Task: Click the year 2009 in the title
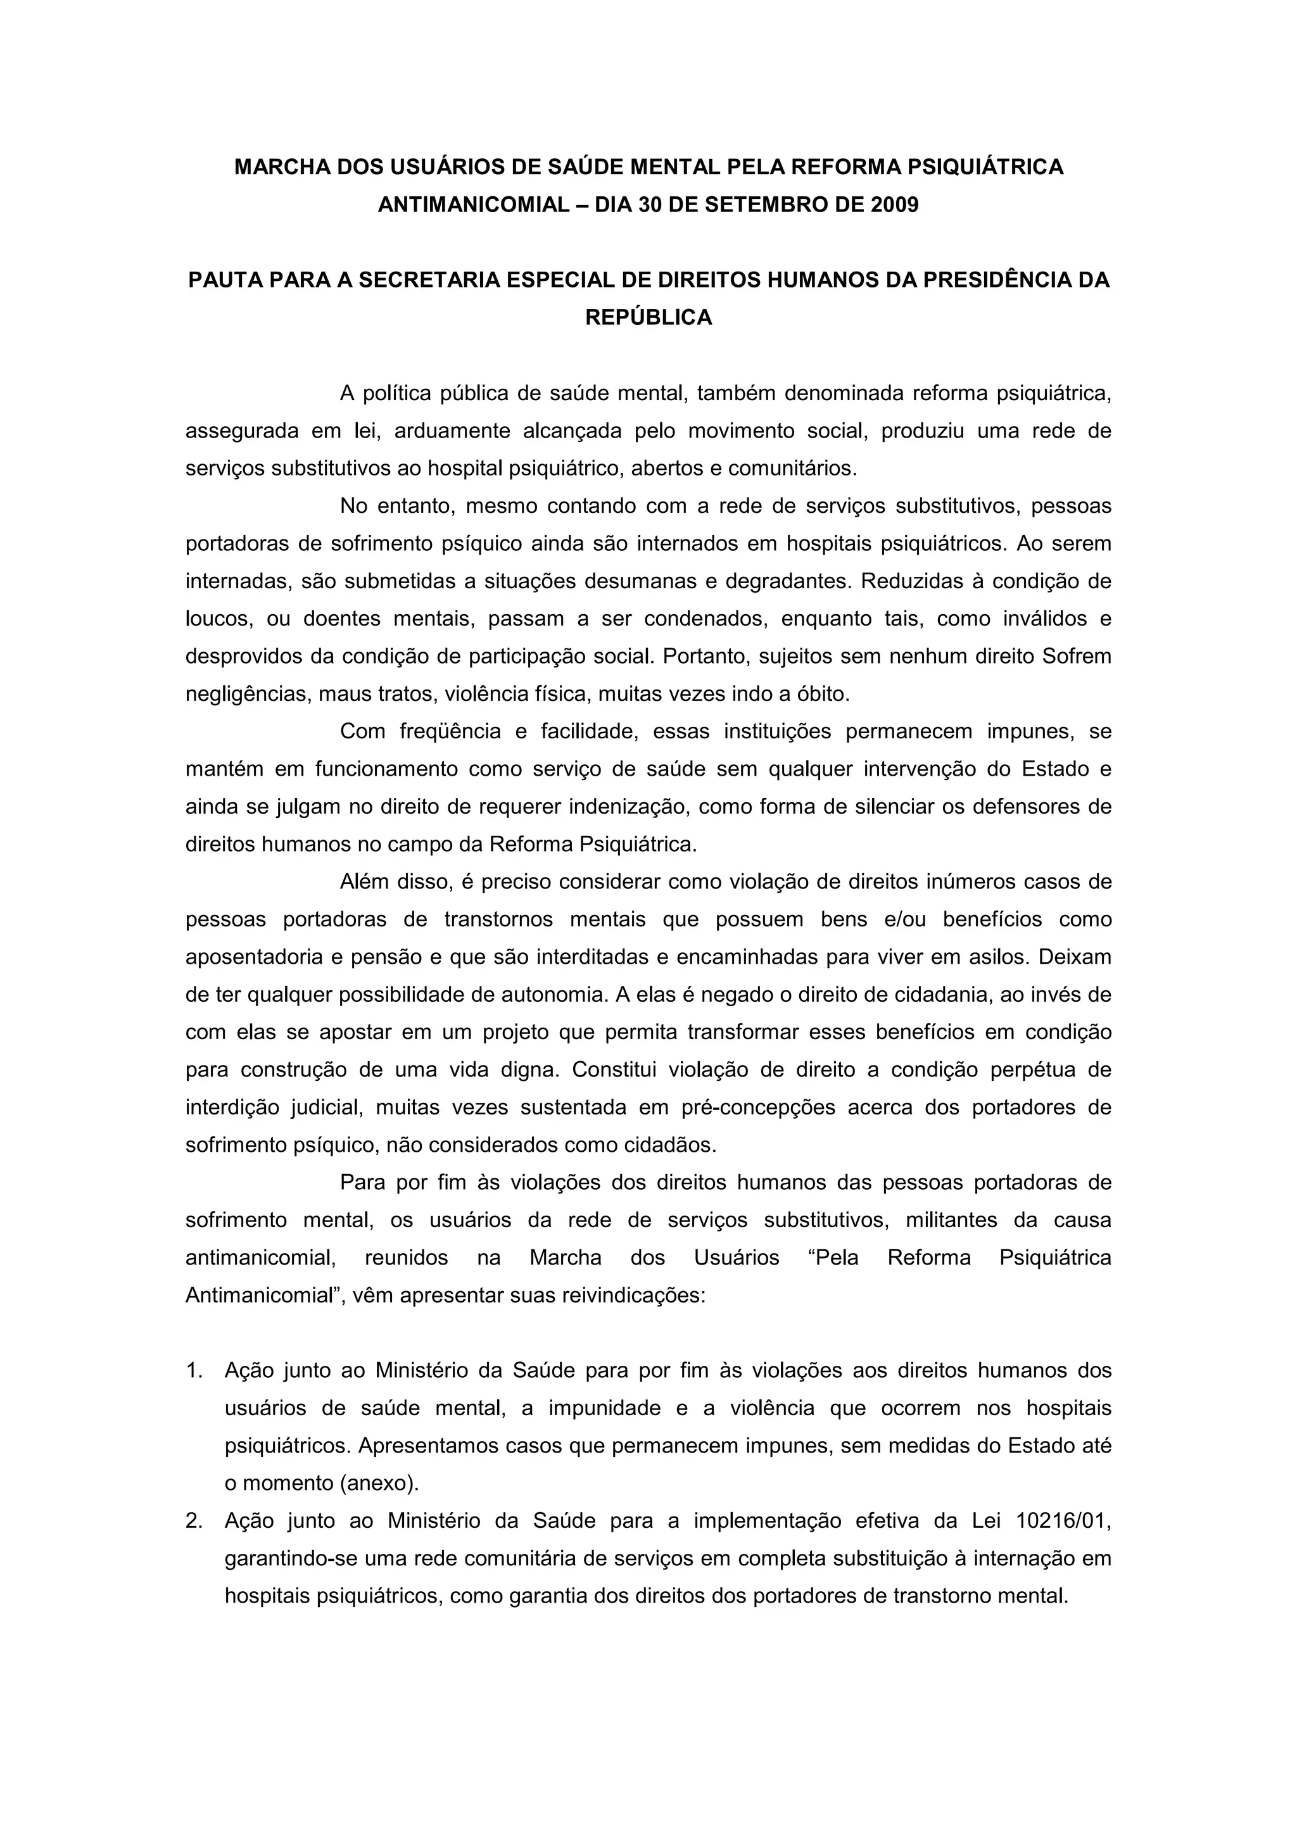tap(894, 205)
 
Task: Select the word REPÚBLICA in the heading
tap(648, 317)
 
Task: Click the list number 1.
tap(193, 1371)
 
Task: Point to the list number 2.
tap(193, 1521)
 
